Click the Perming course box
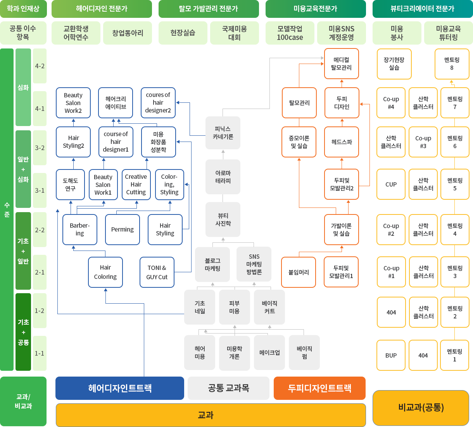(123, 230)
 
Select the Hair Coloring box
(105, 272)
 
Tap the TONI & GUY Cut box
(157, 272)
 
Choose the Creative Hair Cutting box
(136, 185)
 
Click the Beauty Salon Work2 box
(73, 103)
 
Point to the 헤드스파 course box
(342, 142)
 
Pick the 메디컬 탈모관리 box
(342, 64)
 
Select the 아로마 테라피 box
(223, 177)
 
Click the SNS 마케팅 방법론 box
(254, 264)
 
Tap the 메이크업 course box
(269, 353)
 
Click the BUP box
(391, 355)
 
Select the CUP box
(391, 185)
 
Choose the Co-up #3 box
(423, 142)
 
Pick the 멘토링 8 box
(452, 64)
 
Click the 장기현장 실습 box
(394, 64)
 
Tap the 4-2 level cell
(40, 66)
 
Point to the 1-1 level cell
(40, 353)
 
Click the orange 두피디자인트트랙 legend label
(319, 388)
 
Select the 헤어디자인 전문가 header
(102, 9)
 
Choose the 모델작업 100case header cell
(290, 33)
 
